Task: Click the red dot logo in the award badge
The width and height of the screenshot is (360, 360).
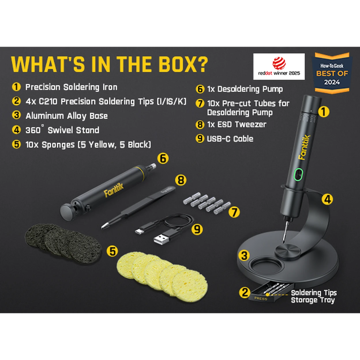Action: (279, 63)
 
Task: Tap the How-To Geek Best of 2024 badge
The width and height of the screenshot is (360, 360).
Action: (332, 73)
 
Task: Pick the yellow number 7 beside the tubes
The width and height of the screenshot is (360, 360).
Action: (234, 212)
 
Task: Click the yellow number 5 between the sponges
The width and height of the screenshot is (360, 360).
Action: (112, 251)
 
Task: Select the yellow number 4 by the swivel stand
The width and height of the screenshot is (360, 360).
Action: (327, 199)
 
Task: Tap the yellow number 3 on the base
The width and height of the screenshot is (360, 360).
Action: (244, 256)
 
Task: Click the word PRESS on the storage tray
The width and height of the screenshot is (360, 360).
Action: (261, 299)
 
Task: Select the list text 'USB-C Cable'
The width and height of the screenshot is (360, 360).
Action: (230, 139)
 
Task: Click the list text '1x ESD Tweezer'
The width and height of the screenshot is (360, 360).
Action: (237, 124)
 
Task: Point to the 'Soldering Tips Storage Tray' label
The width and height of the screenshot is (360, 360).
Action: (314, 297)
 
